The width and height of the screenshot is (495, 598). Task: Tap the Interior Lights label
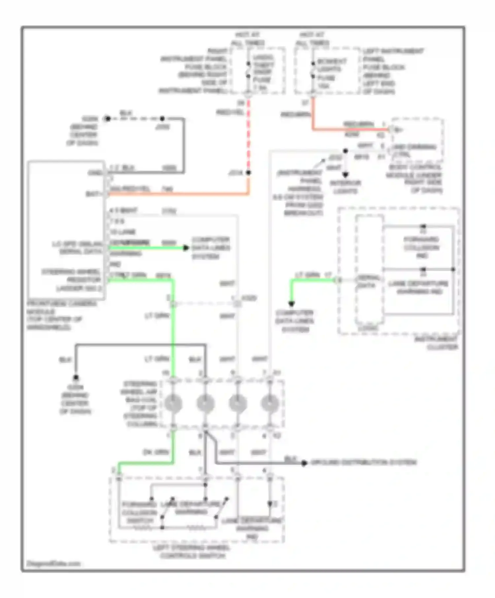[x=346, y=187]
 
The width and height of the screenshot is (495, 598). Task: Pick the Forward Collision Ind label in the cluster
[x=421, y=248]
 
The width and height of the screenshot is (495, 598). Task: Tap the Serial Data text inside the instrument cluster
[x=367, y=282]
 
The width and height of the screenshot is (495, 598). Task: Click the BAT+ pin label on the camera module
[x=93, y=194]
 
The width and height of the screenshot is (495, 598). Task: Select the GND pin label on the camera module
[x=95, y=173]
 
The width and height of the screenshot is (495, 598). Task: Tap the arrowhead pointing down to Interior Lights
[x=346, y=175]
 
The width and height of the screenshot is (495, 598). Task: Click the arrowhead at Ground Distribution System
[x=304, y=463]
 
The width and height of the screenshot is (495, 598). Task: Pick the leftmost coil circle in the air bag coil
[x=173, y=404]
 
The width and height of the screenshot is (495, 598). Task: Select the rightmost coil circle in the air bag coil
[x=270, y=404]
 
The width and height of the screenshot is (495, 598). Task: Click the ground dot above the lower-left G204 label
[x=76, y=377]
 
